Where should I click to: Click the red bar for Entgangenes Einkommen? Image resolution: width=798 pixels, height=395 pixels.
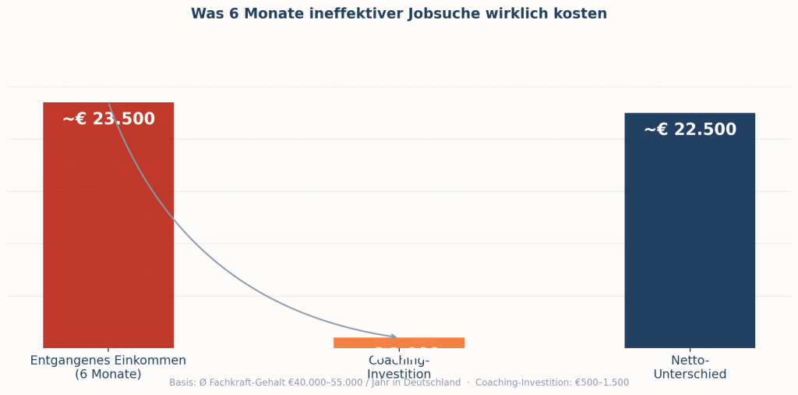click(108, 234)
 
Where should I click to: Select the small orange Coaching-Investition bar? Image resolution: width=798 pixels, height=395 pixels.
click(399, 343)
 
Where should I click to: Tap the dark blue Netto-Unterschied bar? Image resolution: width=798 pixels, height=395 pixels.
click(690, 234)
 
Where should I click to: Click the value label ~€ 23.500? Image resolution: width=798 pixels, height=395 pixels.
click(108, 119)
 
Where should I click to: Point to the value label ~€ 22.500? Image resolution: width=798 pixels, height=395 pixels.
click(690, 130)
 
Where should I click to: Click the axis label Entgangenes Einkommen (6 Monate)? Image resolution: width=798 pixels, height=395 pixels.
click(108, 367)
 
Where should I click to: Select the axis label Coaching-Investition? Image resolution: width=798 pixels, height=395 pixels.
click(399, 368)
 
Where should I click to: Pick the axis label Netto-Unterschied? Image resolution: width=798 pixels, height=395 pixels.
click(690, 367)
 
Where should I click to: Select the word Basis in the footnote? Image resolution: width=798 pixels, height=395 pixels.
click(182, 383)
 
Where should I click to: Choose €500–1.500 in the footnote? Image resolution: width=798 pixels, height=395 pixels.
click(602, 383)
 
